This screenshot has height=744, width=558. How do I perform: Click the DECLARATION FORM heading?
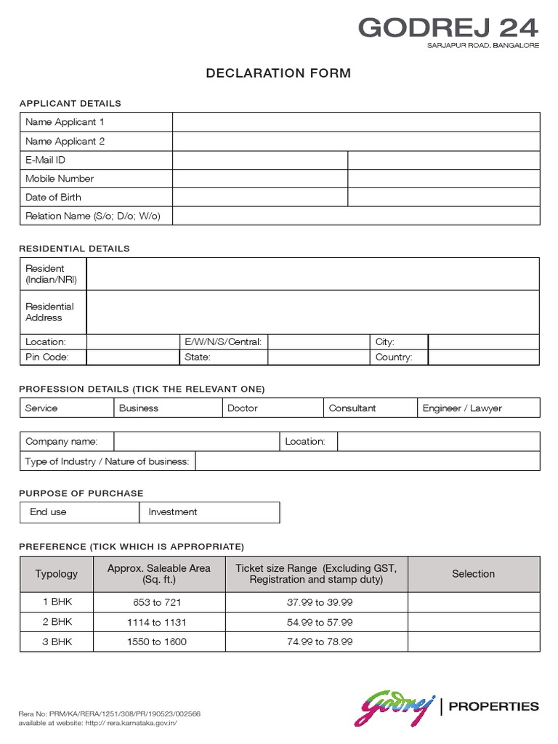click(278, 73)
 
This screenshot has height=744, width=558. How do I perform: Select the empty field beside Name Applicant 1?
click(356, 122)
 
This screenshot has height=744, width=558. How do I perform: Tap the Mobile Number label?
click(60, 179)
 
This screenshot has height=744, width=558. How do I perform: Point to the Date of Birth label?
click(53, 197)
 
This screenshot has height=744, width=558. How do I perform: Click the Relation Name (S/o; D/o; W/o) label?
click(93, 216)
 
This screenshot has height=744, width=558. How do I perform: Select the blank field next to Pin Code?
click(132, 357)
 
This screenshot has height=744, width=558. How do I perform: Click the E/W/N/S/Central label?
click(224, 341)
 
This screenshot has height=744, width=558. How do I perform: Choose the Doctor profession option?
click(243, 408)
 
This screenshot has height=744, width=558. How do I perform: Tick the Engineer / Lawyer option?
click(462, 408)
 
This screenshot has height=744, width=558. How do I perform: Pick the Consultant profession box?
click(352, 408)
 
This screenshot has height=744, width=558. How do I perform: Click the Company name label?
click(61, 441)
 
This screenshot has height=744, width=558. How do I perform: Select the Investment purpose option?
click(173, 512)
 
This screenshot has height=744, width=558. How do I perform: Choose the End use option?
click(48, 512)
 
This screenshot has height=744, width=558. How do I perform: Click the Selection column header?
click(473, 574)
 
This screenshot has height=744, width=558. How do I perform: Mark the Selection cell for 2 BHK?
click(473, 623)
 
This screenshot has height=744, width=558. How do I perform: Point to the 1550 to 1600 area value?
click(156, 642)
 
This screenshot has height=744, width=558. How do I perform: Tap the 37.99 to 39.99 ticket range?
click(320, 603)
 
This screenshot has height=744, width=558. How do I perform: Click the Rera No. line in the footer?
click(109, 714)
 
